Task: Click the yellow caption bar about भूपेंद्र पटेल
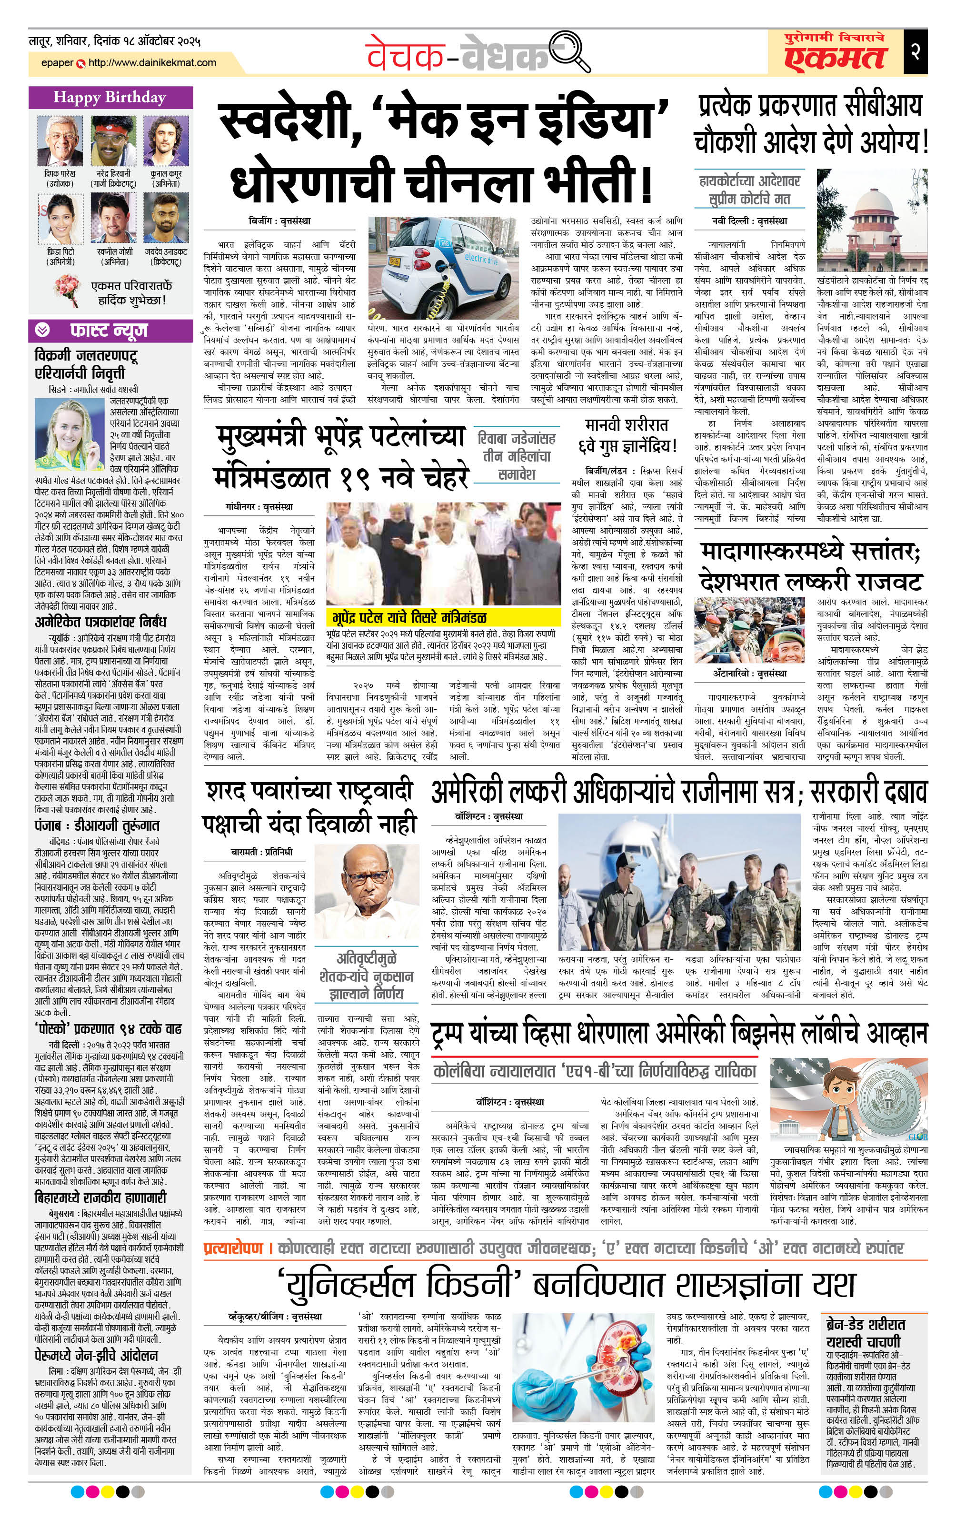tap(443, 617)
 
